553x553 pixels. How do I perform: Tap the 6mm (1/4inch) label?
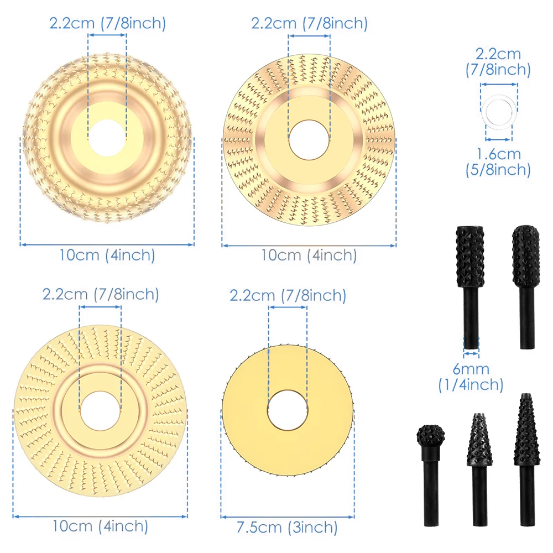tap(471, 377)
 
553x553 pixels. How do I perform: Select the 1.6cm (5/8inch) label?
tap(498, 161)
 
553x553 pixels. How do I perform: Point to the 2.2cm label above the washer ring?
tap(498, 61)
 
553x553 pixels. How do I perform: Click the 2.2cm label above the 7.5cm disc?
tap(288, 296)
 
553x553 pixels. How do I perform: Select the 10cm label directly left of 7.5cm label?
tap(101, 525)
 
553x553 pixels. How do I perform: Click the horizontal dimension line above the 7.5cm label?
tap(287, 517)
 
